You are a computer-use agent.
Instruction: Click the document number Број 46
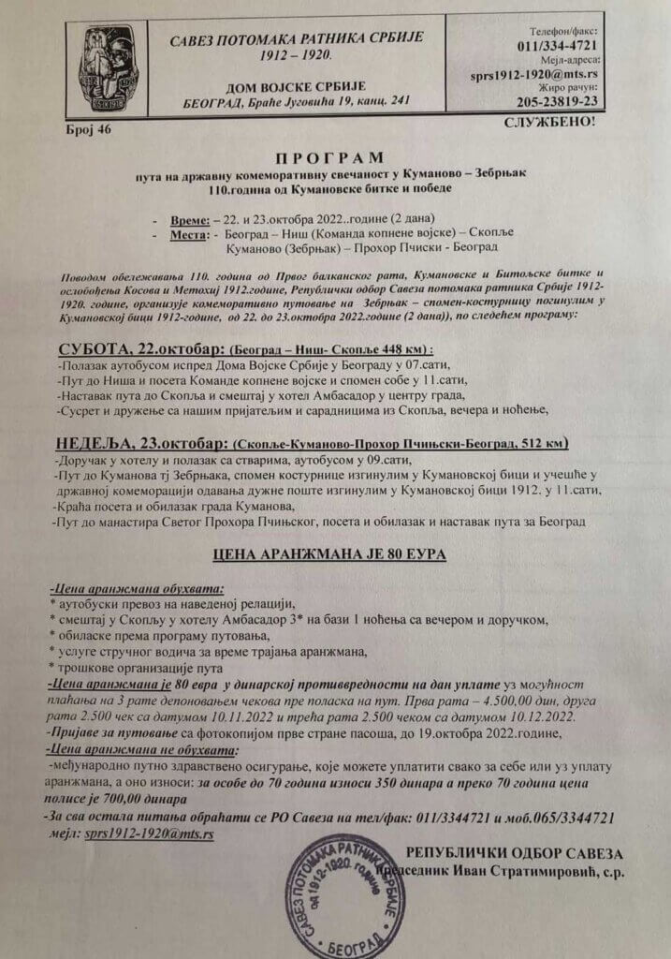[x=90, y=129]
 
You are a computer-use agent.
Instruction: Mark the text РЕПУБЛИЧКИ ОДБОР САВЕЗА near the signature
[x=514, y=852]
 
